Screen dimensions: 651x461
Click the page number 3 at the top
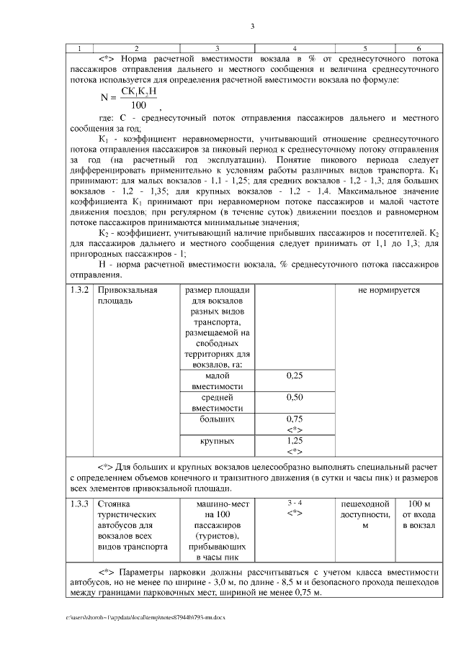tap(252, 27)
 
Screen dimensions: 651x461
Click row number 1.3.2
tap(79, 291)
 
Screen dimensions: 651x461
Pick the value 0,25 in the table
tap(294, 375)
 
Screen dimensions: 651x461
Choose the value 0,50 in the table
tap(294, 397)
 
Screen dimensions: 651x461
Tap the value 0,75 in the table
tap(294, 419)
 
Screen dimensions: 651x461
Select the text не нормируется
tap(388, 291)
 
